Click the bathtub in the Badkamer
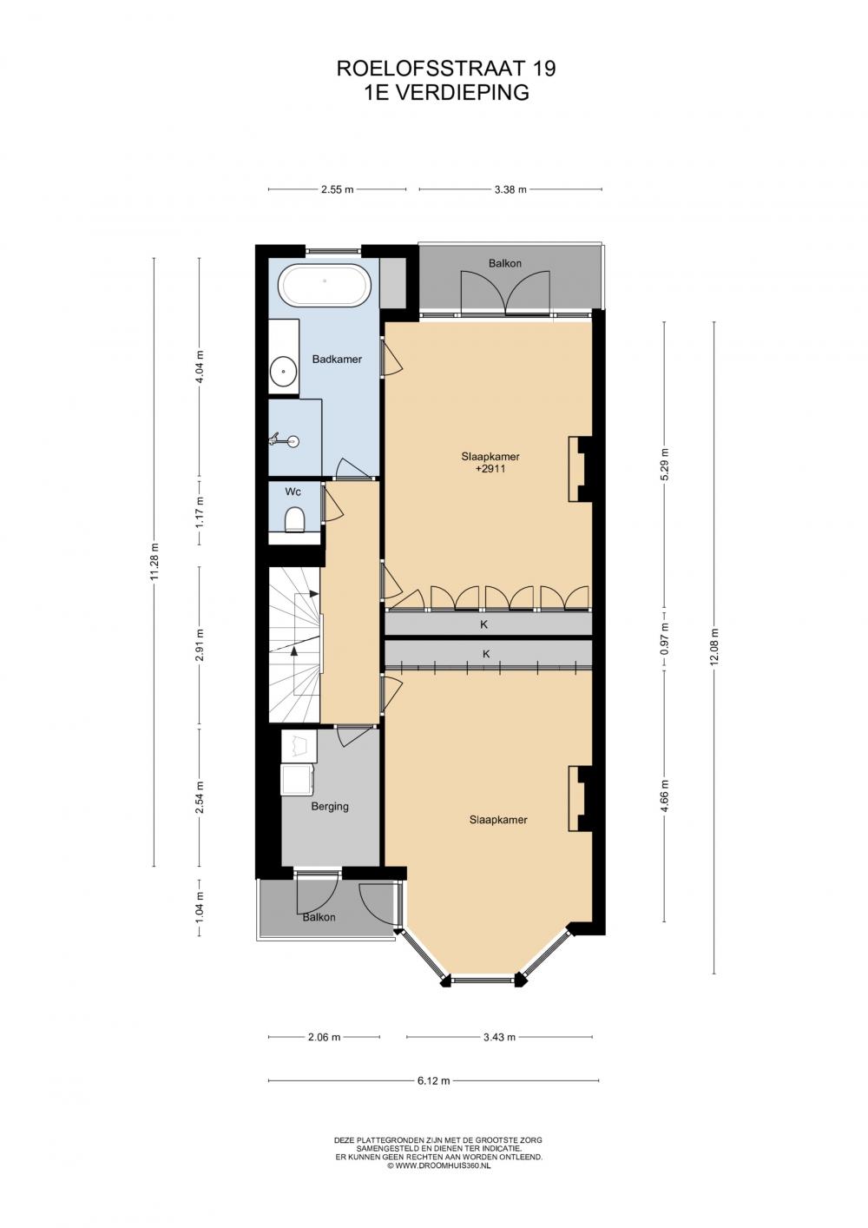[x=325, y=287]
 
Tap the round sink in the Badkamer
[x=283, y=371]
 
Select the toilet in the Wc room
[x=294, y=518]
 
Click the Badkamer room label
[x=337, y=360]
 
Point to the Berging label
[x=330, y=807]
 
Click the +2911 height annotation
[x=490, y=469]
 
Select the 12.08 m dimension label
[x=713, y=646]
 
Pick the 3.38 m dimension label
[x=510, y=189]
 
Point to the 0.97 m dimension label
[x=664, y=638]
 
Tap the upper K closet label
[x=483, y=624]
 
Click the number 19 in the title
[x=545, y=69]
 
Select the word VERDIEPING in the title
[x=463, y=93]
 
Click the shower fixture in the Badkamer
[x=285, y=439]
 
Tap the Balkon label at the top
[x=504, y=264]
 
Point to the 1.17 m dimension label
[x=200, y=512]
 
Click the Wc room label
[x=293, y=492]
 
